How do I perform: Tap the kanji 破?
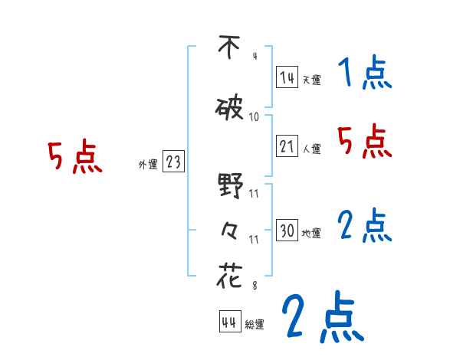tap(230, 109)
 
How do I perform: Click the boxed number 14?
tap(287, 77)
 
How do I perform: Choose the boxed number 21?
tap(287, 147)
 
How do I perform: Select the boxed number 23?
tap(173, 162)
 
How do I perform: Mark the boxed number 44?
tap(229, 321)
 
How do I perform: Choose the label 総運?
tap(255, 324)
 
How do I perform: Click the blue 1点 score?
tap(365, 74)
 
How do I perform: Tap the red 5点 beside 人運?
tap(365, 141)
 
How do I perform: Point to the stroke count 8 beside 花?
tap(255, 285)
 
